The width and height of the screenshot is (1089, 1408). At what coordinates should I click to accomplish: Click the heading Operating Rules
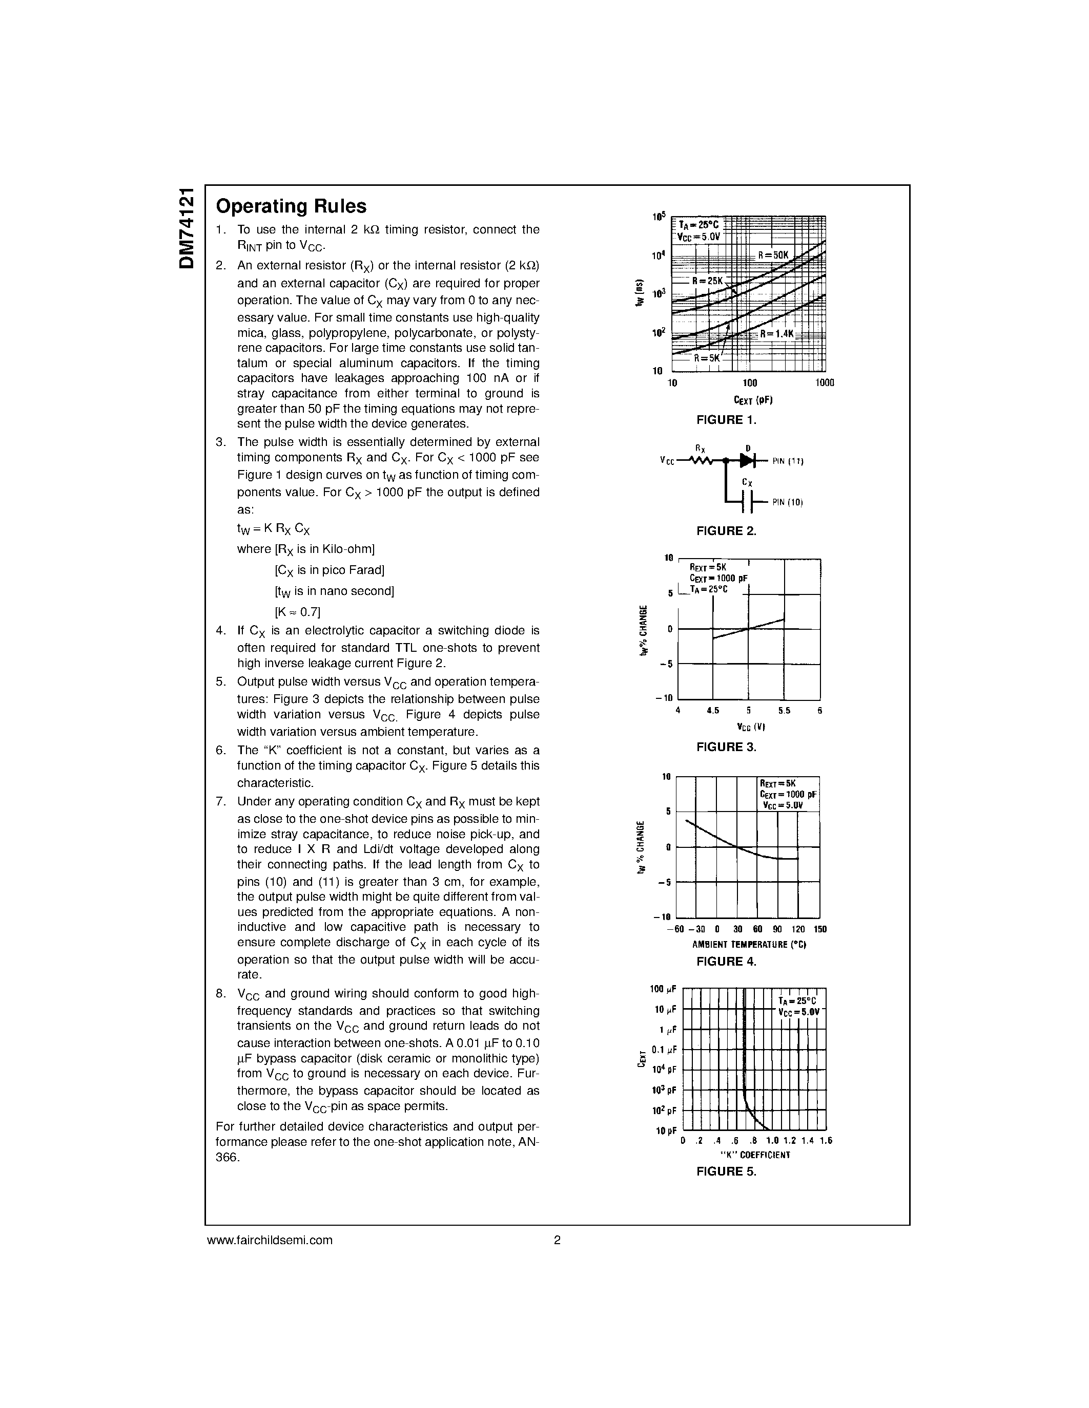(x=291, y=206)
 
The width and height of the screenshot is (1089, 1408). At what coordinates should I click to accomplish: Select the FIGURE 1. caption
(x=726, y=420)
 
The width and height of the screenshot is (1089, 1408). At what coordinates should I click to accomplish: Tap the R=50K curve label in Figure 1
(x=773, y=255)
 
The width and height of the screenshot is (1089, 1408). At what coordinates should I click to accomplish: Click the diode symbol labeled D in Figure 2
(x=747, y=460)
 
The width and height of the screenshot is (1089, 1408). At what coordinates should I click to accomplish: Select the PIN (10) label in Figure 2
(x=787, y=502)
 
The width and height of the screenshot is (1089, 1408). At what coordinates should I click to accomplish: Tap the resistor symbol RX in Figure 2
(x=701, y=460)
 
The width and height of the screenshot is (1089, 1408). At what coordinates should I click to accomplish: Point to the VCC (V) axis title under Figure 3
(x=750, y=727)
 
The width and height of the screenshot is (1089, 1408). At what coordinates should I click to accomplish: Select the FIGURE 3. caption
(x=726, y=747)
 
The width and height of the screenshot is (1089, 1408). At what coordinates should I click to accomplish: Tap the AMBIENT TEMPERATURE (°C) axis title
(x=749, y=945)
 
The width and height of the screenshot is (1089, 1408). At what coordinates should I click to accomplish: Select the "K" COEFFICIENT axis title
(x=754, y=1155)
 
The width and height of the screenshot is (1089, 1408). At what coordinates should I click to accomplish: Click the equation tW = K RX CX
(x=274, y=529)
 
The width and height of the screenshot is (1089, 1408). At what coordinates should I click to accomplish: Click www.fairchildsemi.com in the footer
(x=270, y=1240)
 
